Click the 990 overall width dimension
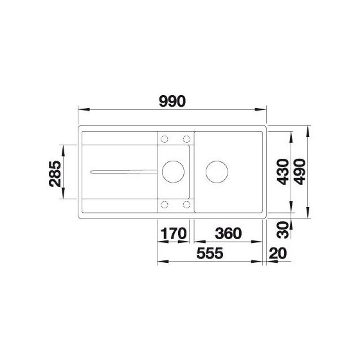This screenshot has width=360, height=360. tap(172, 102)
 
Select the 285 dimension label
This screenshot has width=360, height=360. tap(55, 174)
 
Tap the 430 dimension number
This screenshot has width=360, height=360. tap(282, 172)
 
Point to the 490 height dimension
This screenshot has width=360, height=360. tap(300, 172)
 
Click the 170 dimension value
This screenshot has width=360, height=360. tap(174, 233)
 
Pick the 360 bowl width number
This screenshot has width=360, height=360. tap(228, 233)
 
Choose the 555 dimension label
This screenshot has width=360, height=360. tap(210, 253)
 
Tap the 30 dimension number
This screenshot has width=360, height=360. tap(282, 230)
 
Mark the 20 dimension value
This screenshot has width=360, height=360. tap(278, 253)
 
